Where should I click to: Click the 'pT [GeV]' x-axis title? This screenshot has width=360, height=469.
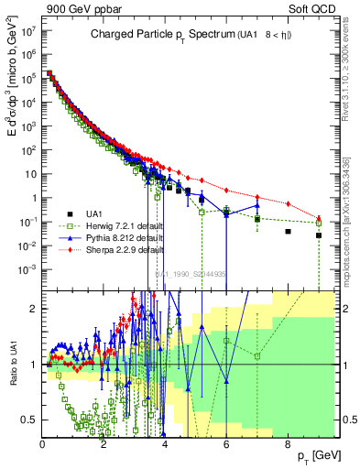[x=318, y=455]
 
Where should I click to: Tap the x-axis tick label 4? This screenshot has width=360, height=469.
[x=165, y=445]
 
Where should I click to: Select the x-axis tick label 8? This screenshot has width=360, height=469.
[x=288, y=445]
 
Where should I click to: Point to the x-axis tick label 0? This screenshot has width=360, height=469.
[x=42, y=445]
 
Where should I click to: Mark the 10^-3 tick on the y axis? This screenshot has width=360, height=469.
[x=27, y=268]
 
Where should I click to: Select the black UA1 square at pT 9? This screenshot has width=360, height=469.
[x=319, y=235]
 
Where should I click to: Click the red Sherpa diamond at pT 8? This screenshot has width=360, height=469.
[x=289, y=203]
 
